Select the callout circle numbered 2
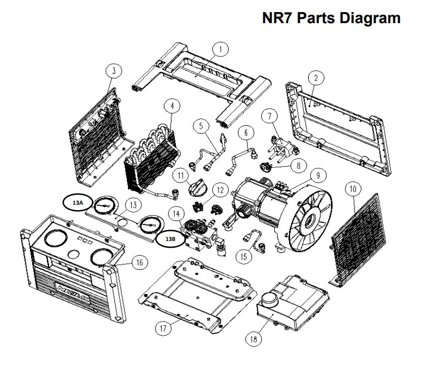point(315,78)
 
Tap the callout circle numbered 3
point(114,71)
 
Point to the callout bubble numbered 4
point(171,106)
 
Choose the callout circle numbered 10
point(353,188)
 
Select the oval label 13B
point(170,238)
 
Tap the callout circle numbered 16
point(139,263)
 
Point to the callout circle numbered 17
point(164,328)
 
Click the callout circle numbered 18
point(254,339)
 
